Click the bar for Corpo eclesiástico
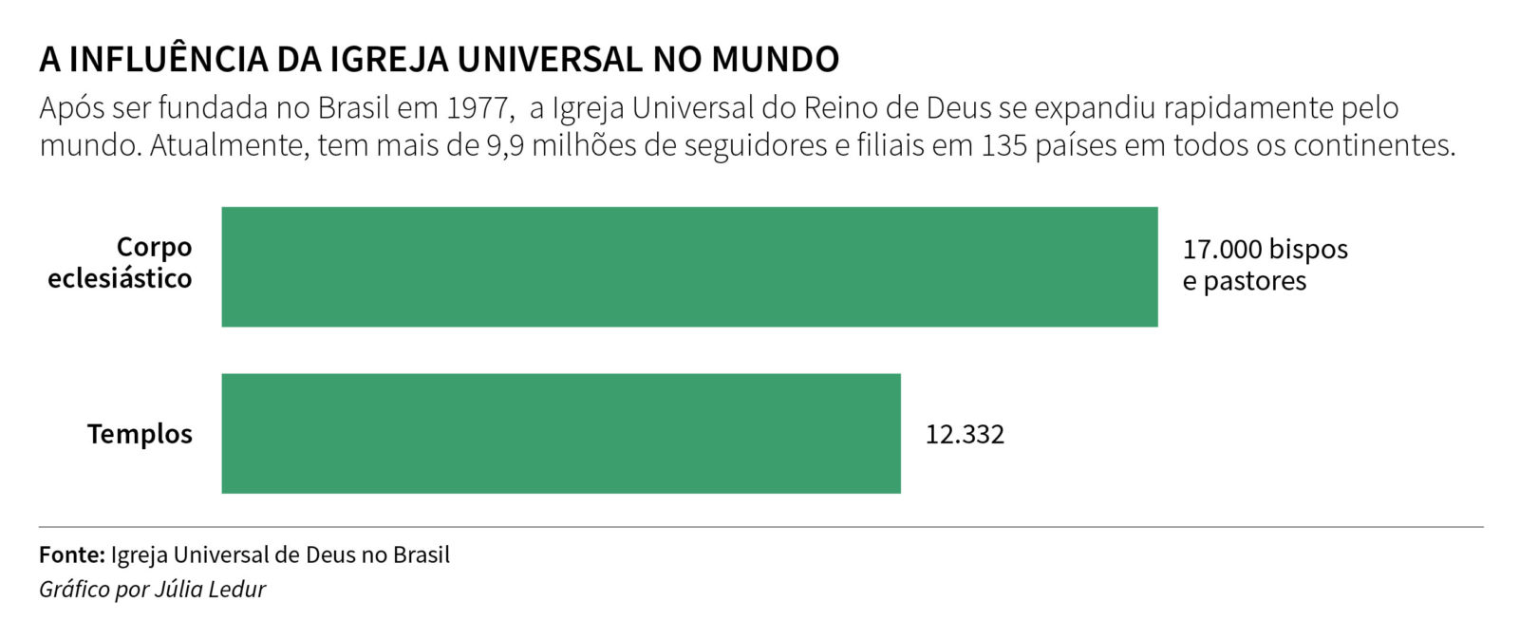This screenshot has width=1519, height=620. coord(689,267)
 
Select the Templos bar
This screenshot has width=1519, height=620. coord(561,434)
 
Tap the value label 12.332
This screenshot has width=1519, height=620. coord(965,435)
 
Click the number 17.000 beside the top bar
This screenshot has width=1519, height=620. coord(1222,250)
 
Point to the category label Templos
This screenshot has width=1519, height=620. coord(140,434)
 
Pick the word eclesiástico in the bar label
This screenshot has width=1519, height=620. coord(120,279)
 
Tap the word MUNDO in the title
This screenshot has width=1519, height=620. coord(776,59)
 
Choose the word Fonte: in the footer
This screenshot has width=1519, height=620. coord(72,555)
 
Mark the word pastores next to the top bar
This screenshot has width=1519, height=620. coord(1255,282)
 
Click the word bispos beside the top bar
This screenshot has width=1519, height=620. coord(1308,250)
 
